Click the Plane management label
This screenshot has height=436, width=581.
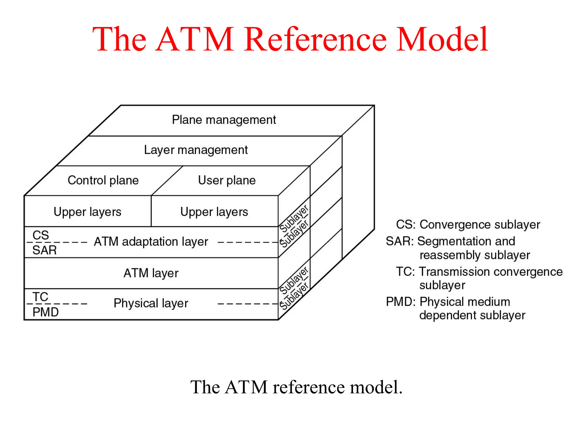click(224, 120)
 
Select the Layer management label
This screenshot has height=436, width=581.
click(196, 150)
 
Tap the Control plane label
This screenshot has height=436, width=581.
click(103, 181)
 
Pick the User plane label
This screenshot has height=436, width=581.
click(227, 181)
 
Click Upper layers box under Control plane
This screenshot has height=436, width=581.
click(87, 212)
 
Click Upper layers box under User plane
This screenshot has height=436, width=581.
click(214, 212)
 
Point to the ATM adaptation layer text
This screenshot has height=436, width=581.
click(151, 242)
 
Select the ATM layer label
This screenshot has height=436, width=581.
click(151, 273)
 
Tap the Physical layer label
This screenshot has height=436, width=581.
click(151, 303)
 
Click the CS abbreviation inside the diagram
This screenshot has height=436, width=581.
click(41, 235)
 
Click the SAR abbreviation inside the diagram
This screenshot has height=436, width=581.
click(44, 250)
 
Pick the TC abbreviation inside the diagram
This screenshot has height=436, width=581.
click(40, 297)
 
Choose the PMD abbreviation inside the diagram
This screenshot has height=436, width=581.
click(45, 312)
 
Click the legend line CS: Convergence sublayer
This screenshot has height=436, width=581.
click(468, 225)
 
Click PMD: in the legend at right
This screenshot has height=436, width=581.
click(401, 302)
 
